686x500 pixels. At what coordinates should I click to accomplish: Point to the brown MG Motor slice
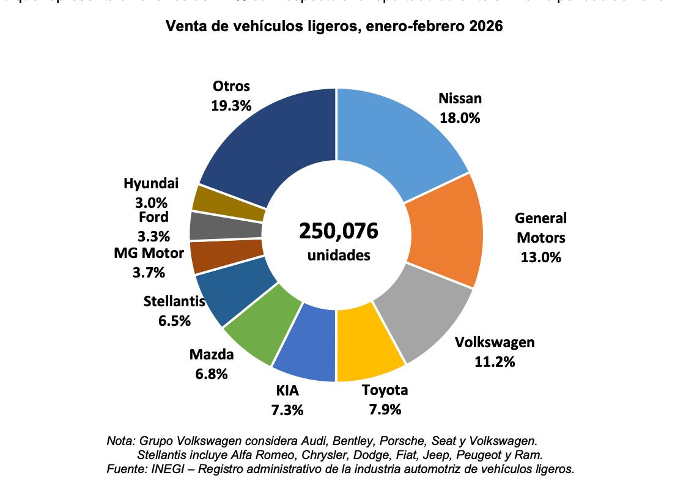point(226,257)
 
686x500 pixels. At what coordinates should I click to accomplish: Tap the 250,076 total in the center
point(338,231)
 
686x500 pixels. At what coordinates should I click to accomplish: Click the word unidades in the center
point(339,255)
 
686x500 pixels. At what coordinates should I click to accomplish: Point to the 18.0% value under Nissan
point(460,118)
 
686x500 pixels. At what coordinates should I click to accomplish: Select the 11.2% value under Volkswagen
point(495,361)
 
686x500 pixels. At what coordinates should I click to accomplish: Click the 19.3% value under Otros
point(231,105)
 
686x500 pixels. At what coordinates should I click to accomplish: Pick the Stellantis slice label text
point(174,301)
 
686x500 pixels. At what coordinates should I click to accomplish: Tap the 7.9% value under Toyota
point(385,409)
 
